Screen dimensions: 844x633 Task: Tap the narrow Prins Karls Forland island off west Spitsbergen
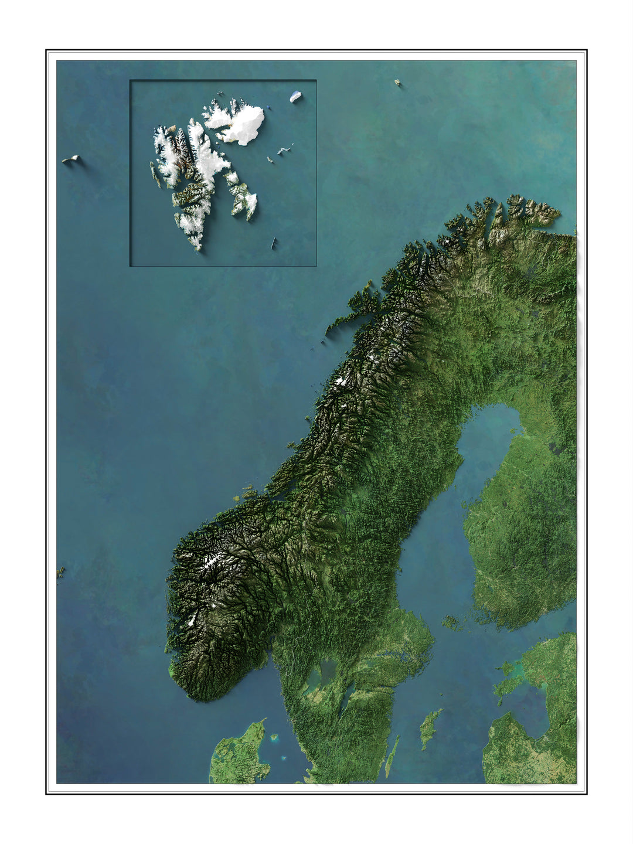pyautogui.click(x=154, y=173)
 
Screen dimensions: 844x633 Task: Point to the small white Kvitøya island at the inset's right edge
pyautogui.click(x=295, y=97)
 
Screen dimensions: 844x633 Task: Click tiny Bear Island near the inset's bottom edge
pyautogui.click(x=273, y=243)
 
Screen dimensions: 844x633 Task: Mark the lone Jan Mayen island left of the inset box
pyautogui.click(x=72, y=159)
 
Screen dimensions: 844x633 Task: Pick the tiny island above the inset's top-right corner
pyautogui.click(x=397, y=82)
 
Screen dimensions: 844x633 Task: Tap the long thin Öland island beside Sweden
pyautogui.click(x=392, y=756)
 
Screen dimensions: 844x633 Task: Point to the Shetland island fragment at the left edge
pyautogui.click(x=60, y=571)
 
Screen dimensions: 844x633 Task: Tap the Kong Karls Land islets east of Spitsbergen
pyautogui.click(x=284, y=151)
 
